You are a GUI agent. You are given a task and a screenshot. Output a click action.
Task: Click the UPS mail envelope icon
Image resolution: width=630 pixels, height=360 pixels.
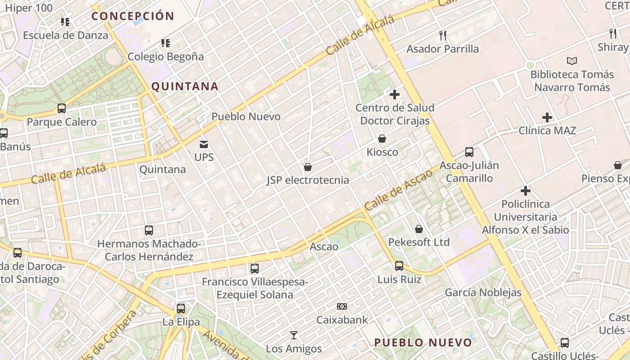pos(204,144)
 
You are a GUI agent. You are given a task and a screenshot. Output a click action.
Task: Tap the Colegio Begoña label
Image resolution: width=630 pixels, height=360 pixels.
pos(166,57)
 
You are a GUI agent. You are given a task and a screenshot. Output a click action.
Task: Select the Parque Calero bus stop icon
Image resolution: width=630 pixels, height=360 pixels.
pos(62,108)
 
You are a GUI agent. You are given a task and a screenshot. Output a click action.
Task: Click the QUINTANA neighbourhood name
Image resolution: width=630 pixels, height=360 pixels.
pos(184,86)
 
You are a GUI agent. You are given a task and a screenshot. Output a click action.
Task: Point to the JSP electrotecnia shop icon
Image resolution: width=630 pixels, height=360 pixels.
pos(308,167)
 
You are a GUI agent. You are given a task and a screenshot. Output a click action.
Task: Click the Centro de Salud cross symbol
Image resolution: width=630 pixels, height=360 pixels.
pos(395,94)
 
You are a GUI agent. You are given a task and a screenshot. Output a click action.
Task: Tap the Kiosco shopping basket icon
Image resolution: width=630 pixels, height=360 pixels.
pos(382,139)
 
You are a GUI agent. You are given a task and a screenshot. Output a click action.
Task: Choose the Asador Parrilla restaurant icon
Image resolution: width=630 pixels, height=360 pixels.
pos(443,35)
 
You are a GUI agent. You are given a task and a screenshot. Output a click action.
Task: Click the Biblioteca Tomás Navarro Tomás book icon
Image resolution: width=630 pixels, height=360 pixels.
pos(572,61)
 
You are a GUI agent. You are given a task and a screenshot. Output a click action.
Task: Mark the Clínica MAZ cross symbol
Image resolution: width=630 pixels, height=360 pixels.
pos(547,117)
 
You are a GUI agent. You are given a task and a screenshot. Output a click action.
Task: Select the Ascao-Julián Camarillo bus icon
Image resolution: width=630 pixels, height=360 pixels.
pos(469,152)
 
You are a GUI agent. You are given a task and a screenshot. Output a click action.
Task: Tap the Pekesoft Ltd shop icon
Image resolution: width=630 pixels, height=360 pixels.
pos(419,229)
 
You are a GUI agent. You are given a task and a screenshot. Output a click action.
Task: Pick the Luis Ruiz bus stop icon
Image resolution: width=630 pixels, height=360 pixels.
pos(399,266)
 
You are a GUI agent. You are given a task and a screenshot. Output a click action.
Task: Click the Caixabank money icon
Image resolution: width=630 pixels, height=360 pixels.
pos(342,306)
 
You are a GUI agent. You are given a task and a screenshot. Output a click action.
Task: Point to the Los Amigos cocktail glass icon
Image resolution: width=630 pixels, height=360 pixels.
pos(294,335)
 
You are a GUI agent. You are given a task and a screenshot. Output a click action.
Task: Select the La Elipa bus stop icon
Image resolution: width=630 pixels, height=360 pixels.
pos(181,309)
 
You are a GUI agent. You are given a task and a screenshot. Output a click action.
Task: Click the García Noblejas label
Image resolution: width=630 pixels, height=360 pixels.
pos(483,292)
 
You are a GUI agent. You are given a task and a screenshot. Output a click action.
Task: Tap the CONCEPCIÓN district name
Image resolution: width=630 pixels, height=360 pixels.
pos(133,16)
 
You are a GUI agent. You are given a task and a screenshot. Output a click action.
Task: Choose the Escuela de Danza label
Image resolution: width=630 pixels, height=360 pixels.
pos(66,35)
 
